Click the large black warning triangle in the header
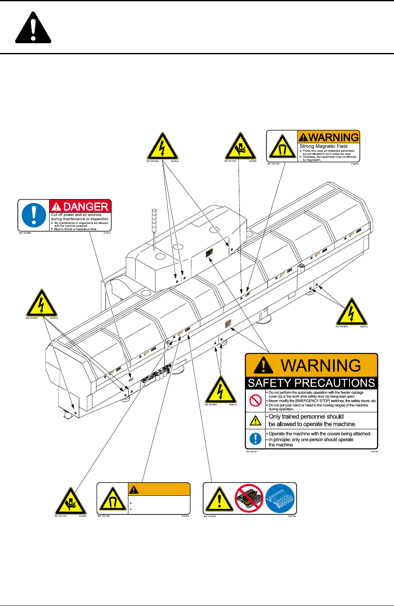[x=33, y=29]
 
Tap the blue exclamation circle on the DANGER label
[x=33, y=215]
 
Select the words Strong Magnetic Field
[x=323, y=146]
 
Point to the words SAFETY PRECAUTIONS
[x=311, y=383]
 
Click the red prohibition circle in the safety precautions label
[x=255, y=400]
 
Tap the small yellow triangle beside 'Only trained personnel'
[x=255, y=420]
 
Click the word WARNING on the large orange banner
[x=321, y=366]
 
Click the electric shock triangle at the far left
[x=42, y=304]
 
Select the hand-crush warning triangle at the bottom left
[x=71, y=501]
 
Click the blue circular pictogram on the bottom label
[x=280, y=498]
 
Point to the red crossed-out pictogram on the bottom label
[x=250, y=498]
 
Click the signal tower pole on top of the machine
[x=155, y=229]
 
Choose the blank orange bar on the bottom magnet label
[x=159, y=489]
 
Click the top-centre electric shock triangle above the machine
[x=162, y=147]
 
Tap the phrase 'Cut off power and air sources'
[x=76, y=215]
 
